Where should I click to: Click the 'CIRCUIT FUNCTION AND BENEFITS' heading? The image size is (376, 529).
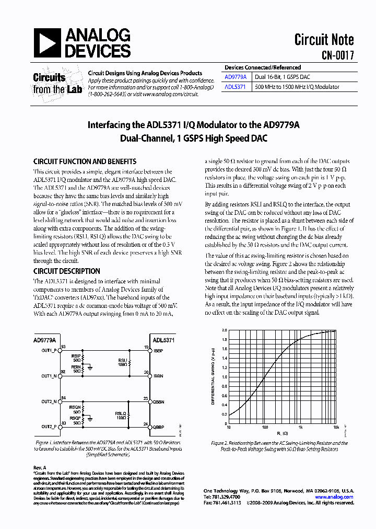click(x=85, y=162)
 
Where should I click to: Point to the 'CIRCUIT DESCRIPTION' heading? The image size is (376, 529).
click(x=67, y=271)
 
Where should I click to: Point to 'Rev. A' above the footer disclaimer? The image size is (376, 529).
click(x=40, y=467)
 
